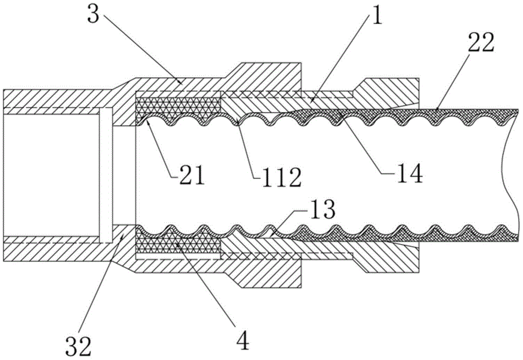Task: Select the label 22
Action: point(481,42)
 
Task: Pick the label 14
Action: point(410,172)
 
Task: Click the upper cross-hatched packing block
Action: point(178,106)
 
